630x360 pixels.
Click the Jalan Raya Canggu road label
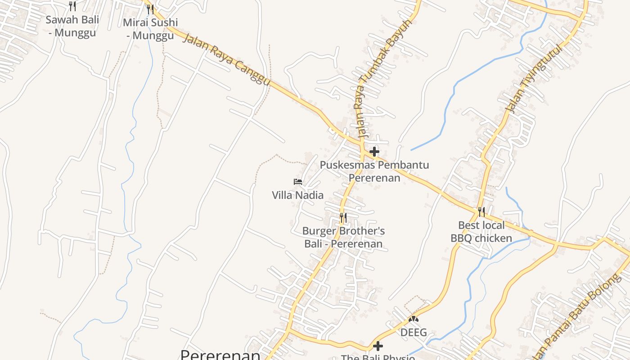pyautogui.click(x=227, y=58)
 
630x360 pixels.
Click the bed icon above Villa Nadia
pyautogui.click(x=297, y=182)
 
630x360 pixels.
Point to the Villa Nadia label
pyautogui.click(x=297, y=195)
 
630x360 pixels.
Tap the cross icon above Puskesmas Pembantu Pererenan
pyautogui.click(x=374, y=152)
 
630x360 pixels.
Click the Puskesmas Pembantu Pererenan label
pyautogui.click(x=374, y=171)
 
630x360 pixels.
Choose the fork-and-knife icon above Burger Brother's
pyautogui.click(x=343, y=218)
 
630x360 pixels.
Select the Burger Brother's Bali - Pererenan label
pyautogui.click(x=343, y=237)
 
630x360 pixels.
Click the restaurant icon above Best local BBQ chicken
pyautogui.click(x=481, y=211)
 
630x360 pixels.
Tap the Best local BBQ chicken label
pyautogui.click(x=481, y=231)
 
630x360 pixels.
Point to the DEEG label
pyautogui.click(x=414, y=333)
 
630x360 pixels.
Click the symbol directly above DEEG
pyautogui.click(x=414, y=319)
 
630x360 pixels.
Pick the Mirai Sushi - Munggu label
pyautogui.click(x=150, y=29)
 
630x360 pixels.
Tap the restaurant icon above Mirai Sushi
pyautogui.click(x=150, y=9)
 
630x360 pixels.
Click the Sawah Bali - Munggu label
pyautogui.click(x=72, y=26)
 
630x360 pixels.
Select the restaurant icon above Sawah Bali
pyautogui.click(x=72, y=6)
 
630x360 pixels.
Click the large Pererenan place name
pyautogui.click(x=220, y=355)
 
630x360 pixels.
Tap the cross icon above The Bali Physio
pyautogui.click(x=378, y=346)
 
